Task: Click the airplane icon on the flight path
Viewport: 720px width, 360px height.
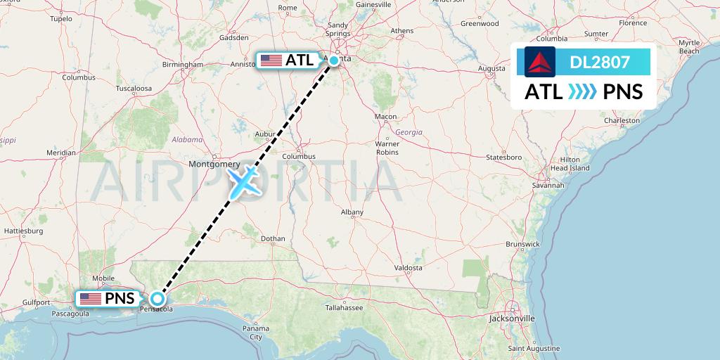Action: pos(244,181)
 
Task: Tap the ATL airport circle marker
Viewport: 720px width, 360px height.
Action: pos(335,60)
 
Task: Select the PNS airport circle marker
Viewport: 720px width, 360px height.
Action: pos(157,298)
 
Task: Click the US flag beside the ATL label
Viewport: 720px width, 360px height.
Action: pos(271,60)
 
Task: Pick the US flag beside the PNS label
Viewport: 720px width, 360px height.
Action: pos(90,299)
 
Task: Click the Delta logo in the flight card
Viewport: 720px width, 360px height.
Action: pos(540,62)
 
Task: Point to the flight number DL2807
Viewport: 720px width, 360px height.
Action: pos(600,62)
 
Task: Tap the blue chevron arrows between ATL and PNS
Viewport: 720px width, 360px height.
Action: pos(582,91)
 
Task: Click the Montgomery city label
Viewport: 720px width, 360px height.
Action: pos(214,164)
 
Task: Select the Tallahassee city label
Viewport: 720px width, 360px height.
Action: pos(344,308)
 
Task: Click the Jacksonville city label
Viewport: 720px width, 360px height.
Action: pos(513,319)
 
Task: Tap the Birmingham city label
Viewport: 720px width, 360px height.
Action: pos(182,65)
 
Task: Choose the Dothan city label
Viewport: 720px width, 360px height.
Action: pos(273,239)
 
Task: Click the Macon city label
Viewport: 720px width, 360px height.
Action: pos(385,117)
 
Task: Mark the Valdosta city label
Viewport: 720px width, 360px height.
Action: pos(408,268)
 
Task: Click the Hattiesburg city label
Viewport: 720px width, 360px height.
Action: pos(24,231)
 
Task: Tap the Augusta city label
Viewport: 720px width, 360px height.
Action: pos(491,68)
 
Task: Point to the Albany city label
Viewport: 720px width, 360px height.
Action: pos(352,212)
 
